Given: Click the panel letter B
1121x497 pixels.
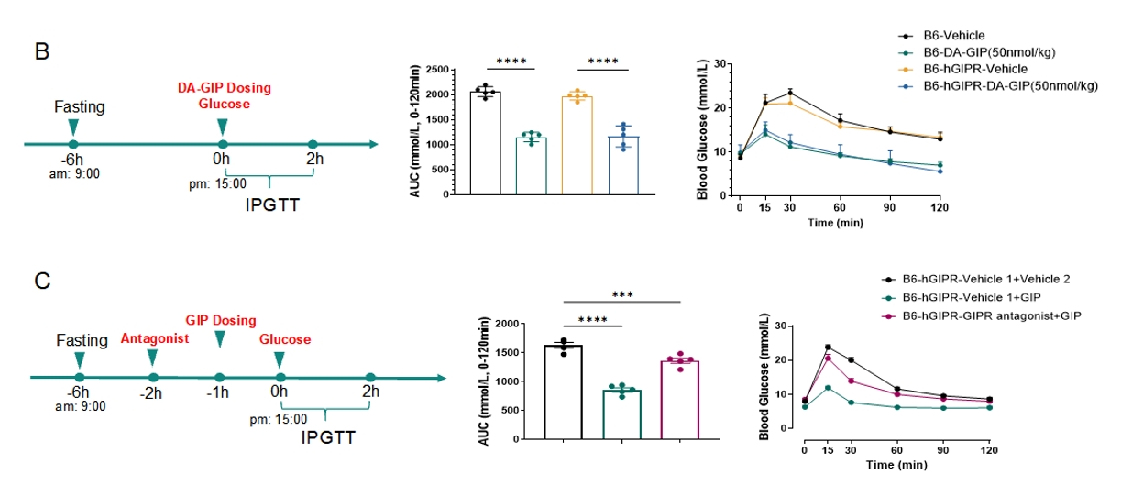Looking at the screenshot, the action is pos(42,51).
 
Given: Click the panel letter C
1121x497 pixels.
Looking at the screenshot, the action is pos(42,281).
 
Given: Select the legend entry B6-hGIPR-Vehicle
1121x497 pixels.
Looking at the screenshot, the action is pos(975,69).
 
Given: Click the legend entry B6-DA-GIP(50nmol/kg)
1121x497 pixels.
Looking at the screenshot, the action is pos(989,52).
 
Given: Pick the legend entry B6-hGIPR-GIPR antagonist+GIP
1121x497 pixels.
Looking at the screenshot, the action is pos(992,316).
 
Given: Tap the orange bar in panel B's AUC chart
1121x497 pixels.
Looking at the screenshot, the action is pos(577,145).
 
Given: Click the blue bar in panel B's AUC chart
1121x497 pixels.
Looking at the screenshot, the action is pos(623,165).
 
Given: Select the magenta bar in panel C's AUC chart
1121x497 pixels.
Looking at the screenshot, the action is pos(679,400).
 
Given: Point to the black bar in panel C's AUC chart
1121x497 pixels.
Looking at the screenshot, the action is pos(563,392).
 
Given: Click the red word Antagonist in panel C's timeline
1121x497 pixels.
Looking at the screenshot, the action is pos(155,339).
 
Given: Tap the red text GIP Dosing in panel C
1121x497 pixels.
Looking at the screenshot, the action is pos(221,320).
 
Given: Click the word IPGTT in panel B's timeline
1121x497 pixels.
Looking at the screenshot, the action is pos(272,205).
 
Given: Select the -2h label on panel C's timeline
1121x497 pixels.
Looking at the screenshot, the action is pos(150,393).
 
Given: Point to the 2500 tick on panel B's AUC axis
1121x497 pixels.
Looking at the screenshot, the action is pos(437,70).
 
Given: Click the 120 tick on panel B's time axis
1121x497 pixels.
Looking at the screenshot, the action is pos(940,208).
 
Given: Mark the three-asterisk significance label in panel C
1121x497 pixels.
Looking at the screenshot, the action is pos(622,294).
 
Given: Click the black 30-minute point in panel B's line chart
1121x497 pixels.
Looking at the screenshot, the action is pos(790,93).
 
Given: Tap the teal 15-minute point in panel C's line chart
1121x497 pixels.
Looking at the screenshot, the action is pos(829,388).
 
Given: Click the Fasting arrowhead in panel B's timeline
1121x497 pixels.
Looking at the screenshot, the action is pos(73,127).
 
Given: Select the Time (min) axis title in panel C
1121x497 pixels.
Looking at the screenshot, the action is pos(896,465).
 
